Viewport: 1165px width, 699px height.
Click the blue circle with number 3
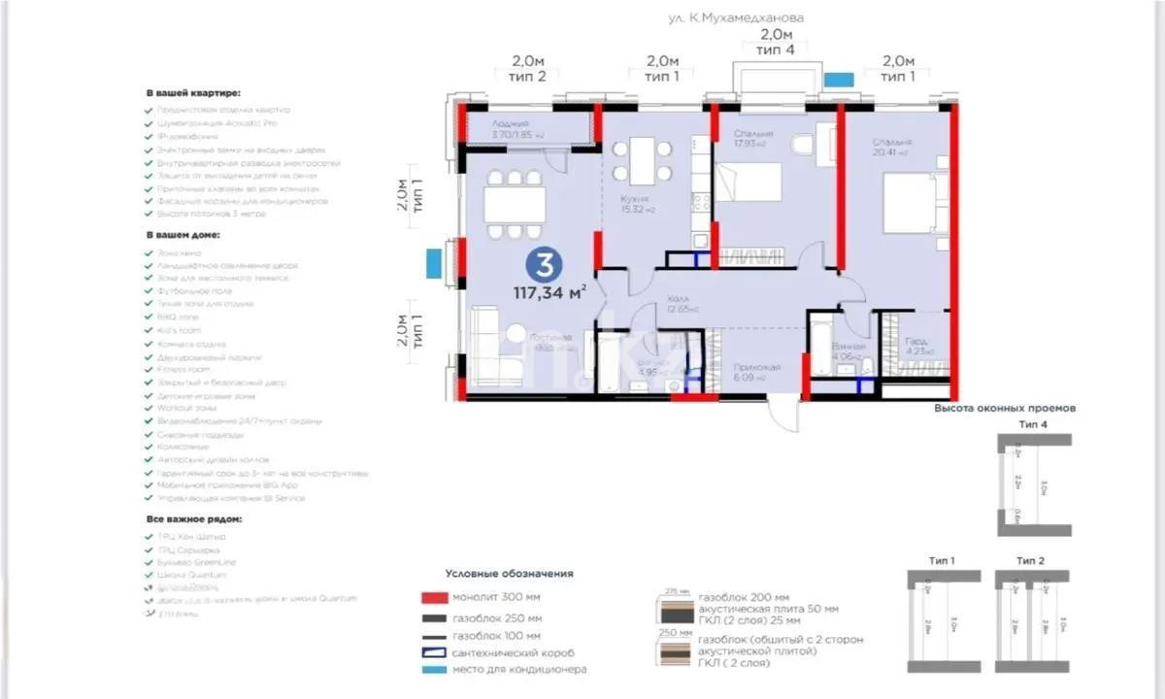point(547,264)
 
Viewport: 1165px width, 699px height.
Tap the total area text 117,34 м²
point(550,291)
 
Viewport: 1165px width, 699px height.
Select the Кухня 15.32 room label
point(634,203)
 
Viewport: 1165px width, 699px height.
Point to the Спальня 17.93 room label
point(753,138)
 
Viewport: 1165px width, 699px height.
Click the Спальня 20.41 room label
point(889,147)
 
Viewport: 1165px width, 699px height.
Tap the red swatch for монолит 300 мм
point(432,598)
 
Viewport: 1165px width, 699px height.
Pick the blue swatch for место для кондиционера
point(432,669)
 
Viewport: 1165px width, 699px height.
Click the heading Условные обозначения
point(509,574)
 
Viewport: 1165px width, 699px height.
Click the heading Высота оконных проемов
point(1004,409)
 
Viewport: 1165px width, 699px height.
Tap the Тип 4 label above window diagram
point(1033,426)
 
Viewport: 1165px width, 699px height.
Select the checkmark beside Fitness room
point(149,370)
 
